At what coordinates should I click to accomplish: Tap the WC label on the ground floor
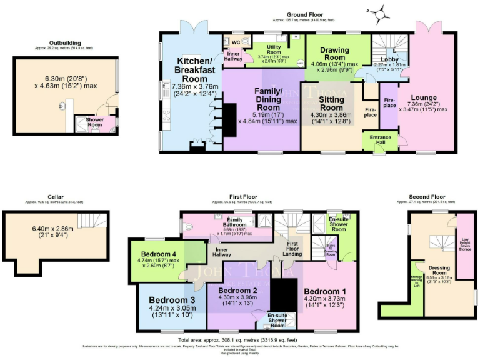(236, 42)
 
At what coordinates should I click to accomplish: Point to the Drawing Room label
(335, 53)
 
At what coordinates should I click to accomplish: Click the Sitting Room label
(331, 104)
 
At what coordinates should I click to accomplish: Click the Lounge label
(427, 97)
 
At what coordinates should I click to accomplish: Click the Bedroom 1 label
(324, 291)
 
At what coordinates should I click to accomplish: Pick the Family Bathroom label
(235, 222)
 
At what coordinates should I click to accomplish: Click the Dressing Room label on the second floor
(438, 270)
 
